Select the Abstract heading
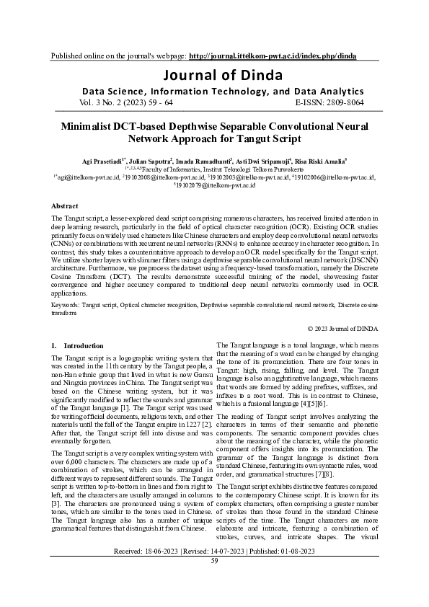[66, 205]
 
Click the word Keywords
[66, 305]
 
